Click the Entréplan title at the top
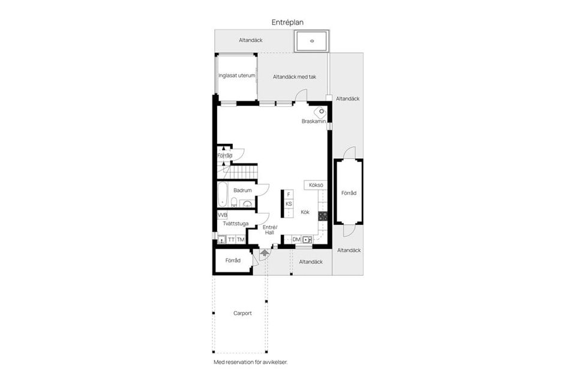(287, 22)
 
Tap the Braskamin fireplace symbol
(322, 111)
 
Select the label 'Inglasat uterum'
(237, 76)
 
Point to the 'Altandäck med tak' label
(294, 77)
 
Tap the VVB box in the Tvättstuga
(223, 215)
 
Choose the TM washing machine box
(241, 240)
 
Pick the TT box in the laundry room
(231, 240)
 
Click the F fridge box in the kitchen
(289, 195)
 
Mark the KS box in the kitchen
(289, 204)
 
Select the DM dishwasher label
(296, 240)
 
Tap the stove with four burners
(323, 215)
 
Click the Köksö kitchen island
(316, 185)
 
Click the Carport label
(242, 313)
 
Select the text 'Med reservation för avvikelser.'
(254, 363)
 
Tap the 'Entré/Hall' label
(269, 230)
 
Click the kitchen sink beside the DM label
(307, 240)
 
